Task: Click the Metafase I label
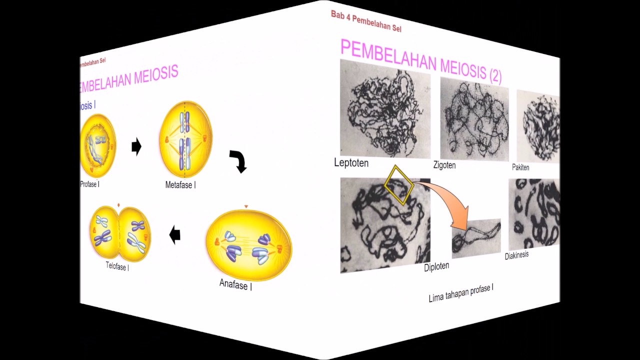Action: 180,185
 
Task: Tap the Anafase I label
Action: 235,285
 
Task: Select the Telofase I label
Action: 117,266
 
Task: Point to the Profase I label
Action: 90,184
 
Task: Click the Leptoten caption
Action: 351,163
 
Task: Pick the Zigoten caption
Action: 444,165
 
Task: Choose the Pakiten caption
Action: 520,167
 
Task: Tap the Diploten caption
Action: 436,266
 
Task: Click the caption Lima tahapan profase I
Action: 461,293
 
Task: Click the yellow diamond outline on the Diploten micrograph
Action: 398,185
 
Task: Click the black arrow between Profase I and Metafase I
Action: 136,147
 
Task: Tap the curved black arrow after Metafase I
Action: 239,161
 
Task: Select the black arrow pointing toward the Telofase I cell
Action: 175,234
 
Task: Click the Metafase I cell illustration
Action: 185,139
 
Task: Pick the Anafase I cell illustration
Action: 248,245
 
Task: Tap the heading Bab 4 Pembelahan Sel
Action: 366,21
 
